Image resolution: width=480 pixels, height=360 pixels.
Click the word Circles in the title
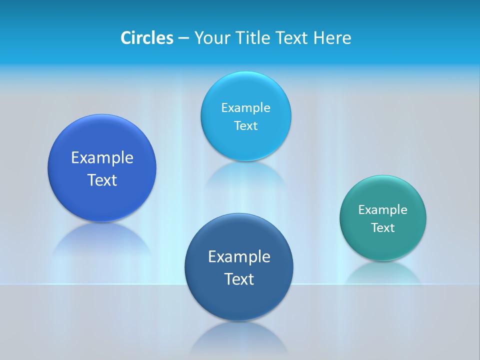coord(146,38)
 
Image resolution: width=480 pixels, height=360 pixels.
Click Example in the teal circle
coord(383,209)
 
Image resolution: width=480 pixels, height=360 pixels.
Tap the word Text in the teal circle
coord(383,228)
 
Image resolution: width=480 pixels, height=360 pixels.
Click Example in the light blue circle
coord(245,107)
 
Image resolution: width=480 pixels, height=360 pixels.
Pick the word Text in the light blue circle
coord(245,126)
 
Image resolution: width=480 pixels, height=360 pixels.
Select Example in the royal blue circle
coord(102,158)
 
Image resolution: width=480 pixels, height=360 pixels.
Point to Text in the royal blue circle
coord(102,180)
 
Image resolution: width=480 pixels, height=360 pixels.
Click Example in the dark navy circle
coord(239,257)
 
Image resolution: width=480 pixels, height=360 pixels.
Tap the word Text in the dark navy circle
coord(239,279)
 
